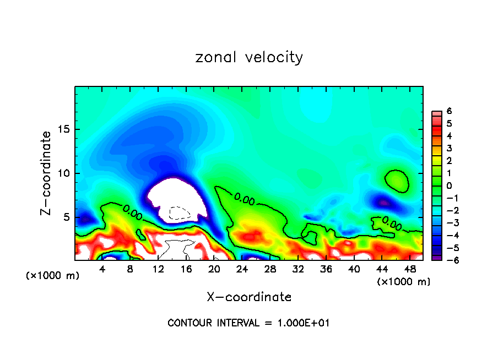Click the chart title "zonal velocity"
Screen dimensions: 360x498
(249, 57)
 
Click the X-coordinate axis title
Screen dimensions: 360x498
(249, 297)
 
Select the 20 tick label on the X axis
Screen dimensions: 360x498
(214, 269)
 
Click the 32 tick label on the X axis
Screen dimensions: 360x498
(298, 269)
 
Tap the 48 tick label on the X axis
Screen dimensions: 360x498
(410, 269)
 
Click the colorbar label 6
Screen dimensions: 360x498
(449, 111)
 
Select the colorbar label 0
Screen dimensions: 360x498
(449, 186)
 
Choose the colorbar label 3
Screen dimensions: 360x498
(449, 148)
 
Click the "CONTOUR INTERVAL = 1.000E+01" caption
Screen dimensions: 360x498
(248, 323)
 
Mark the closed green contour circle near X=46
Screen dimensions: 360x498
(397, 181)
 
